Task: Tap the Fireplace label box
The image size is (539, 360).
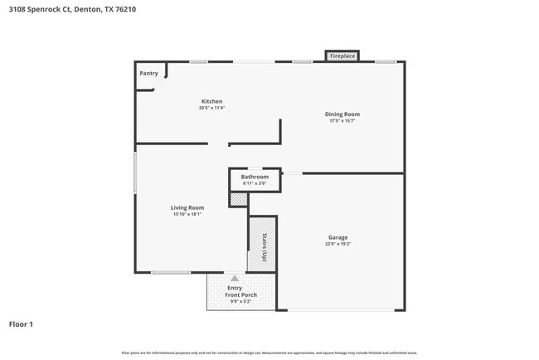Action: coord(342,56)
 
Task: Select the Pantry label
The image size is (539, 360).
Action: coord(148,73)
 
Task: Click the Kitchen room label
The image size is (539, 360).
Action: coord(211,101)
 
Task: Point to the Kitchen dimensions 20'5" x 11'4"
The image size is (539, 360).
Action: coord(211,108)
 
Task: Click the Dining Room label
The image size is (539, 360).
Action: coord(342,114)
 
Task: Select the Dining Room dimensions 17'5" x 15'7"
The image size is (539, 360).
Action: coord(342,121)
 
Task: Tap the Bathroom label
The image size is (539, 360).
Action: coord(255,177)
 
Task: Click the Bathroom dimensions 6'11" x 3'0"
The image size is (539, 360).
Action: coord(255,183)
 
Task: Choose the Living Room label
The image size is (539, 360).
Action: coord(187,207)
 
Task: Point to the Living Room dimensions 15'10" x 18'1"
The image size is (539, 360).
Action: coord(187,214)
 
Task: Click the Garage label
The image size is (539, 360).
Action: coord(337,237)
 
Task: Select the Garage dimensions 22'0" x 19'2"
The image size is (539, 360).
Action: coord(337,244)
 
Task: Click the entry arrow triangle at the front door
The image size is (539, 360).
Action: coord(235,278)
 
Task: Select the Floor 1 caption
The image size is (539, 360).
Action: coord(21,324)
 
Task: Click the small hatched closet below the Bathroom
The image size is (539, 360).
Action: coord(238,199)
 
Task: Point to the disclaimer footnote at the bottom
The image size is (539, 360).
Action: coord(269,353)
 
